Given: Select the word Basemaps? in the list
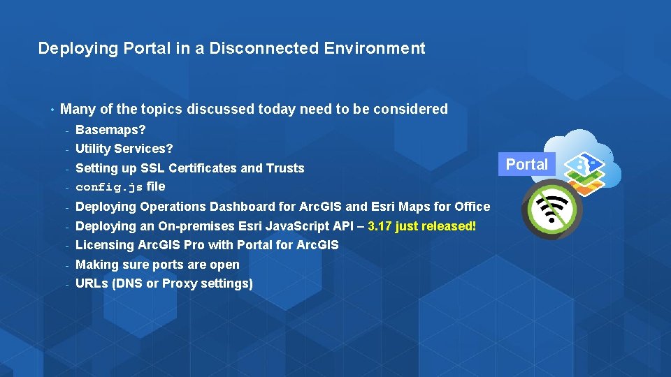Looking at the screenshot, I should (110, 130).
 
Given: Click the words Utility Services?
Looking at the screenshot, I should (124, 149).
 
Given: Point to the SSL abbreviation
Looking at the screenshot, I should (152, 168).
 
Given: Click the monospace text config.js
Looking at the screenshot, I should (109, 187).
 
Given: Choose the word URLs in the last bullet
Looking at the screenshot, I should (91, 283).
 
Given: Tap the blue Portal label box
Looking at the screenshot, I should (526, 164).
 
